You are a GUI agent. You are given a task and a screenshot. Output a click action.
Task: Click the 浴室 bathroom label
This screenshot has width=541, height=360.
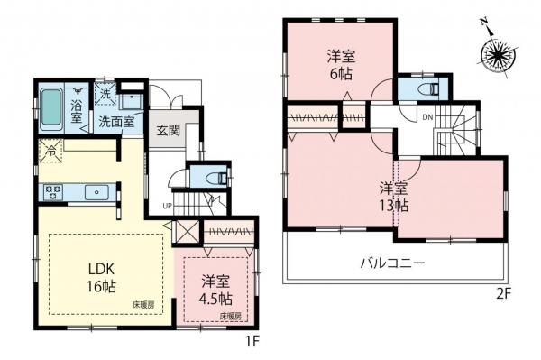(77, 109)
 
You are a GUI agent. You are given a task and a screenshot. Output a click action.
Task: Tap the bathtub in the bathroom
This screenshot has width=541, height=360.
(53, 108)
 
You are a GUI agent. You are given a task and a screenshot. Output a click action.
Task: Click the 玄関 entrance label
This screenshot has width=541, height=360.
(168, 130)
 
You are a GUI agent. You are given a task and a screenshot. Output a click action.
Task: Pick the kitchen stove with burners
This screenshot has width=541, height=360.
(53, 191)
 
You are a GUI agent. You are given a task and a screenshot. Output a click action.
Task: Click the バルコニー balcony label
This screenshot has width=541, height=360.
(394, 263)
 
